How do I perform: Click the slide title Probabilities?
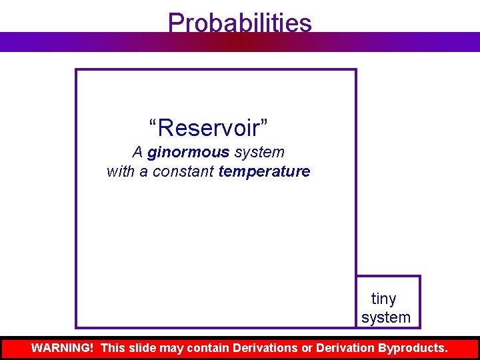pyautogui.click(x=239, y=23)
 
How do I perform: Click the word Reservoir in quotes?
pyautogui.click(x=209, y=126)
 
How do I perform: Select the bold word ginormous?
pyautogui.click(x=188, y=153)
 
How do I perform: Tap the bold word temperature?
pyautogui.click(x=264, y=171)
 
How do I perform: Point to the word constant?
pyautogui.click(x=183, y=171)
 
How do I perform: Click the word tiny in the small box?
pyautogui.click(x=383, y=299)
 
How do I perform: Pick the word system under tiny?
pyautogui.click(x=386, y=317)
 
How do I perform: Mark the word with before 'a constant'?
pyautogui.click(x=120, y=171)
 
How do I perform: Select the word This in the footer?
pyautogui.click(x=113, y=348)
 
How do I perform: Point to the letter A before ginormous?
pyautogui.click(x=137, y=153)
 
